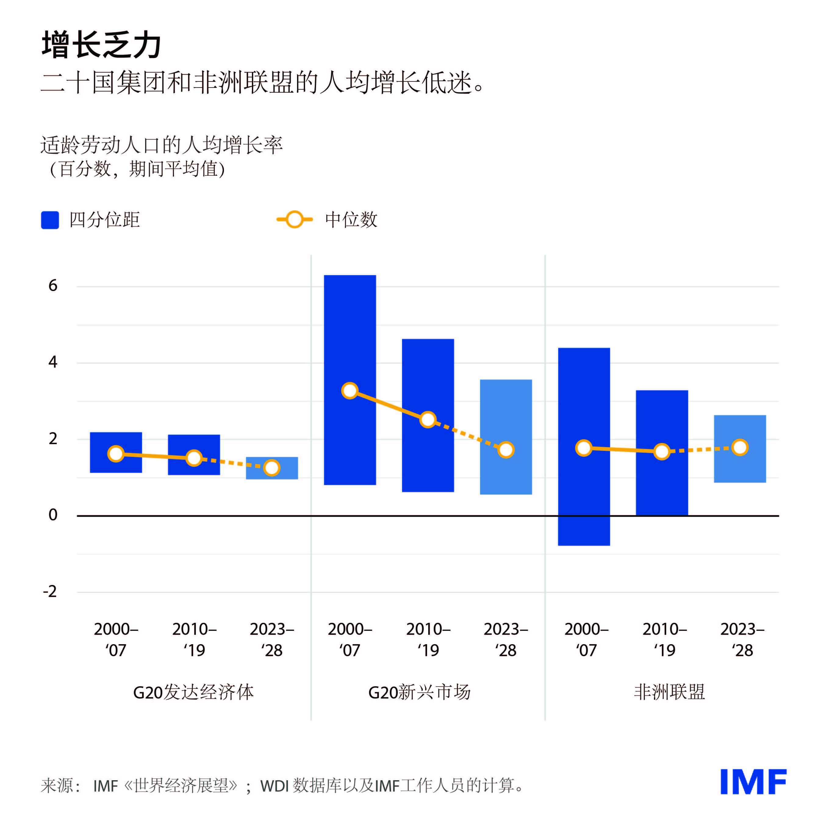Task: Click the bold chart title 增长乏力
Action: pyautogui.click(x=101, y=45)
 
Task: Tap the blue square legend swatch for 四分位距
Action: pyautogui.click(x=50, y=220)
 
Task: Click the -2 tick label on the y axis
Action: pyautogui.click(x=50, y=592)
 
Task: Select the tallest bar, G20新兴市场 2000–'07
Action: pyautogui.click(x=350, y=333)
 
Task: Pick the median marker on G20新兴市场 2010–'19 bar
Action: pyautogui.click(x=428, y=420)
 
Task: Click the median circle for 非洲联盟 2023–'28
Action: pyautogui.click(x=740, y=448)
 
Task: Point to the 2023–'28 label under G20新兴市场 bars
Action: pyautogui.click(x=506, y=640)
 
